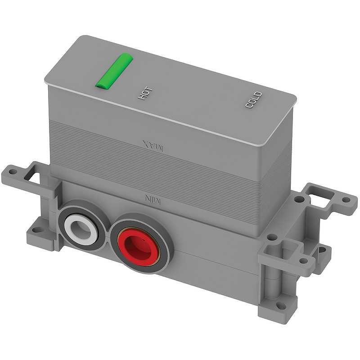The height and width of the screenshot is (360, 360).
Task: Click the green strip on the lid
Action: [114, 71]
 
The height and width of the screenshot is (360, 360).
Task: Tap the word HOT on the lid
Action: [145, 93]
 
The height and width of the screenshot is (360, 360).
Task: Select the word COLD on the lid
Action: [254, 99]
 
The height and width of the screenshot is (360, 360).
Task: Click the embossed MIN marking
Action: [153, 199]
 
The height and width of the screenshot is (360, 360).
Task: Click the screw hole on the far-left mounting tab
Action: [12, 171]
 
